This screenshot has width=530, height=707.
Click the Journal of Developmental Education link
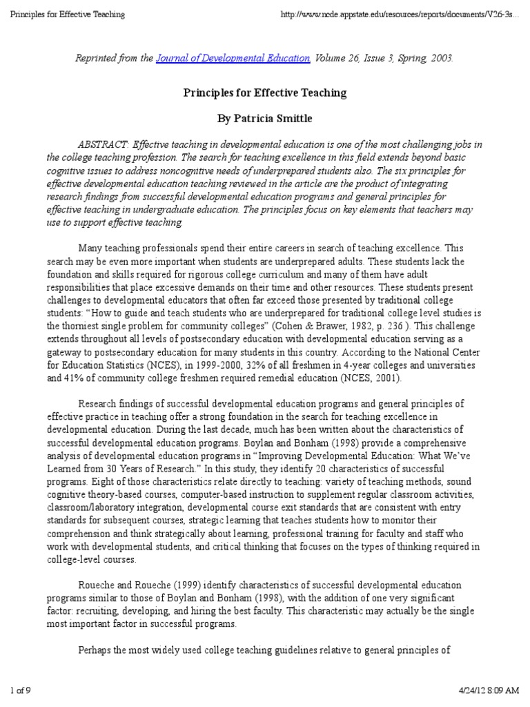(233, 58)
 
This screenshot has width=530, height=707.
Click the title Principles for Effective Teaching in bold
(264, 93)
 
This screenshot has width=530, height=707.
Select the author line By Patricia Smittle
(264, 119)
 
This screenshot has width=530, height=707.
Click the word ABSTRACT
(103, 144)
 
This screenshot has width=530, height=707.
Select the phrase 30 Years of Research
(159, 466)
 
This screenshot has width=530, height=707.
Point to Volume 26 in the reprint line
(337, 58)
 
